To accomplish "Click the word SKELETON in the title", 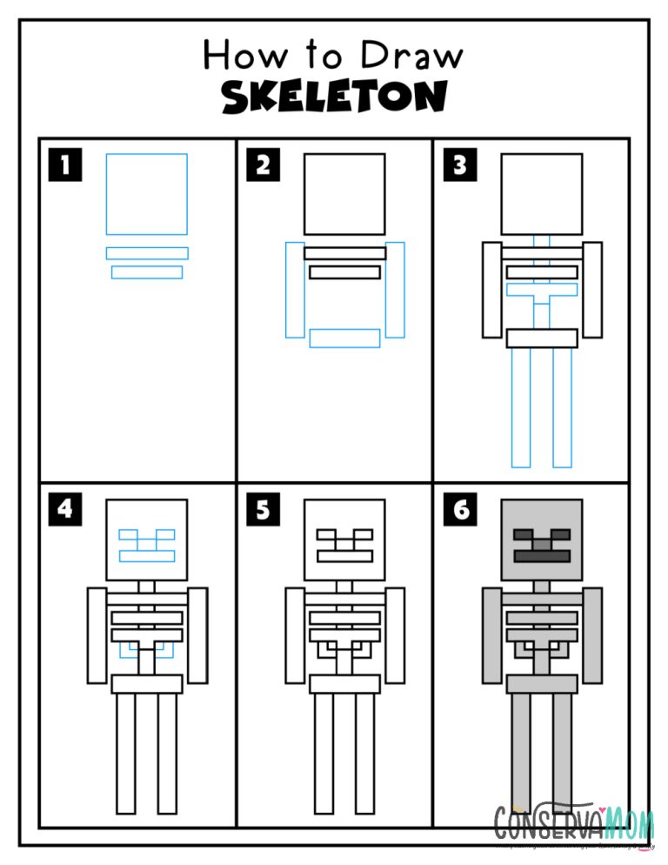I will pos(334,97).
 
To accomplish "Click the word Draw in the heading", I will pos(412,56).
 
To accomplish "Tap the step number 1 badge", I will pos(65,165).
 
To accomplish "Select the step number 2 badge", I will pos(263,165).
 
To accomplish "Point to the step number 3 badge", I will pos(460,165).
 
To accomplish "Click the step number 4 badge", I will pos(65,509).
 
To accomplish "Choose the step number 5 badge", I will pos(263,509).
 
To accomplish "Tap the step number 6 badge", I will pos(460,509).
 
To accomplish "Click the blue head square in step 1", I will pos(147,194).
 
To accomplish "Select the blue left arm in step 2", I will pos(295,290).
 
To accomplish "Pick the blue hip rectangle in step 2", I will pos(344,338).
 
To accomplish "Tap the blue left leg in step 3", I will pos(521,407).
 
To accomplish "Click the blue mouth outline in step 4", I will pos(147,555).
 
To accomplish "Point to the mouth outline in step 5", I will pos(344,554).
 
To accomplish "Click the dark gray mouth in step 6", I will pos(542,554).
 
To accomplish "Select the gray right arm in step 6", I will pos(592,635).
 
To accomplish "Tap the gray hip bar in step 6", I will pos(542,684).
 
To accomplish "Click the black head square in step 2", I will pos(344,194).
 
